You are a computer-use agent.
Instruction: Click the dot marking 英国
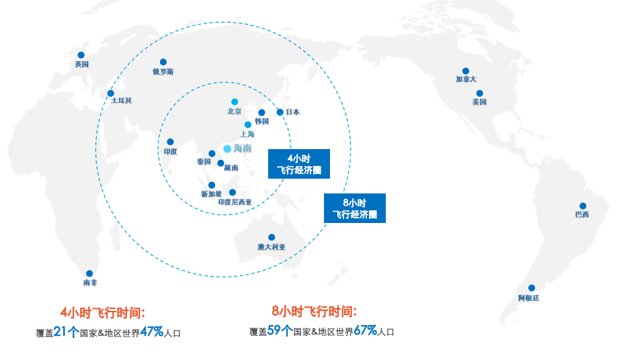pos(81,55)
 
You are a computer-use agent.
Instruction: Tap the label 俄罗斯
pos(163,71)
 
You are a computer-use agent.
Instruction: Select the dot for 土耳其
pos(111,93)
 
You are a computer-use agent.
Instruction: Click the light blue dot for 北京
pos(234,102)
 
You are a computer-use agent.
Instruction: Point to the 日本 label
pos(292,112)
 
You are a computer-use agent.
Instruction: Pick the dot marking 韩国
pos(261,113)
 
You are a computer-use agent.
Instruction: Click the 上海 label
pos(247,134)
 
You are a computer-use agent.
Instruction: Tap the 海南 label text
pos(243,148)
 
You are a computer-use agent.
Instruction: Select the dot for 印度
pos(170,142)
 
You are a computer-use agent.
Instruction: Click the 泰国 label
pos(204,162)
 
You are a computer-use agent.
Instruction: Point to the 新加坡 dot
pos(212,185)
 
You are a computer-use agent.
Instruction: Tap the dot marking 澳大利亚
pos(272,237)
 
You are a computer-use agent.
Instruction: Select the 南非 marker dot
pos(89,273)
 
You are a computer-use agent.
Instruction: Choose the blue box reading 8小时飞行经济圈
pos(354,208)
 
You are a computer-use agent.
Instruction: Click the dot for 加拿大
pos(465,71)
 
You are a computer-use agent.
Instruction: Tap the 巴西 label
pos(582,215)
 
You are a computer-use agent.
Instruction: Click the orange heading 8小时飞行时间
pos(314,311)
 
